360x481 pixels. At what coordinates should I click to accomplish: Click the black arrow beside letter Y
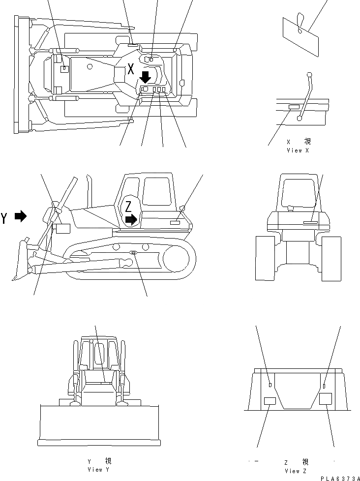click(21, 216)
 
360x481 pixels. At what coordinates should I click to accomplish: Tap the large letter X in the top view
click(131, 69)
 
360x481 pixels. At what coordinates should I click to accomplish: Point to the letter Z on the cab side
click(128, 206)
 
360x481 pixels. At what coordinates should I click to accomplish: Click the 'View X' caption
click(298, 150)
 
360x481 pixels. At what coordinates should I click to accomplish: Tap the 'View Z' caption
click(295, 470)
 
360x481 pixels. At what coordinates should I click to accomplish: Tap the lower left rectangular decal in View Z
click(270, 401)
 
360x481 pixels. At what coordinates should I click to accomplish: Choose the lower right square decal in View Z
click(326, 399)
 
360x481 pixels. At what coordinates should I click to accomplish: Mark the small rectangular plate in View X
click(294, 107)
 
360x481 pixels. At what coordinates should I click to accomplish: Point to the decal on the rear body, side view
click(175, 223)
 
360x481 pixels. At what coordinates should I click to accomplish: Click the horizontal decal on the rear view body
click(310, 222)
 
